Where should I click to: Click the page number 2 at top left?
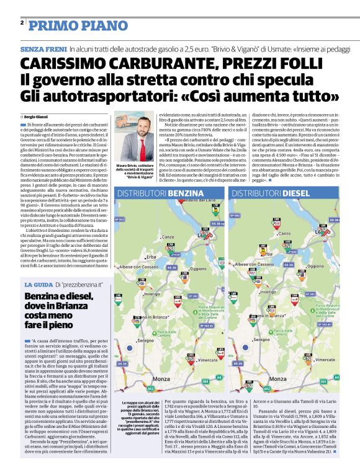(x=22, y=23)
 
